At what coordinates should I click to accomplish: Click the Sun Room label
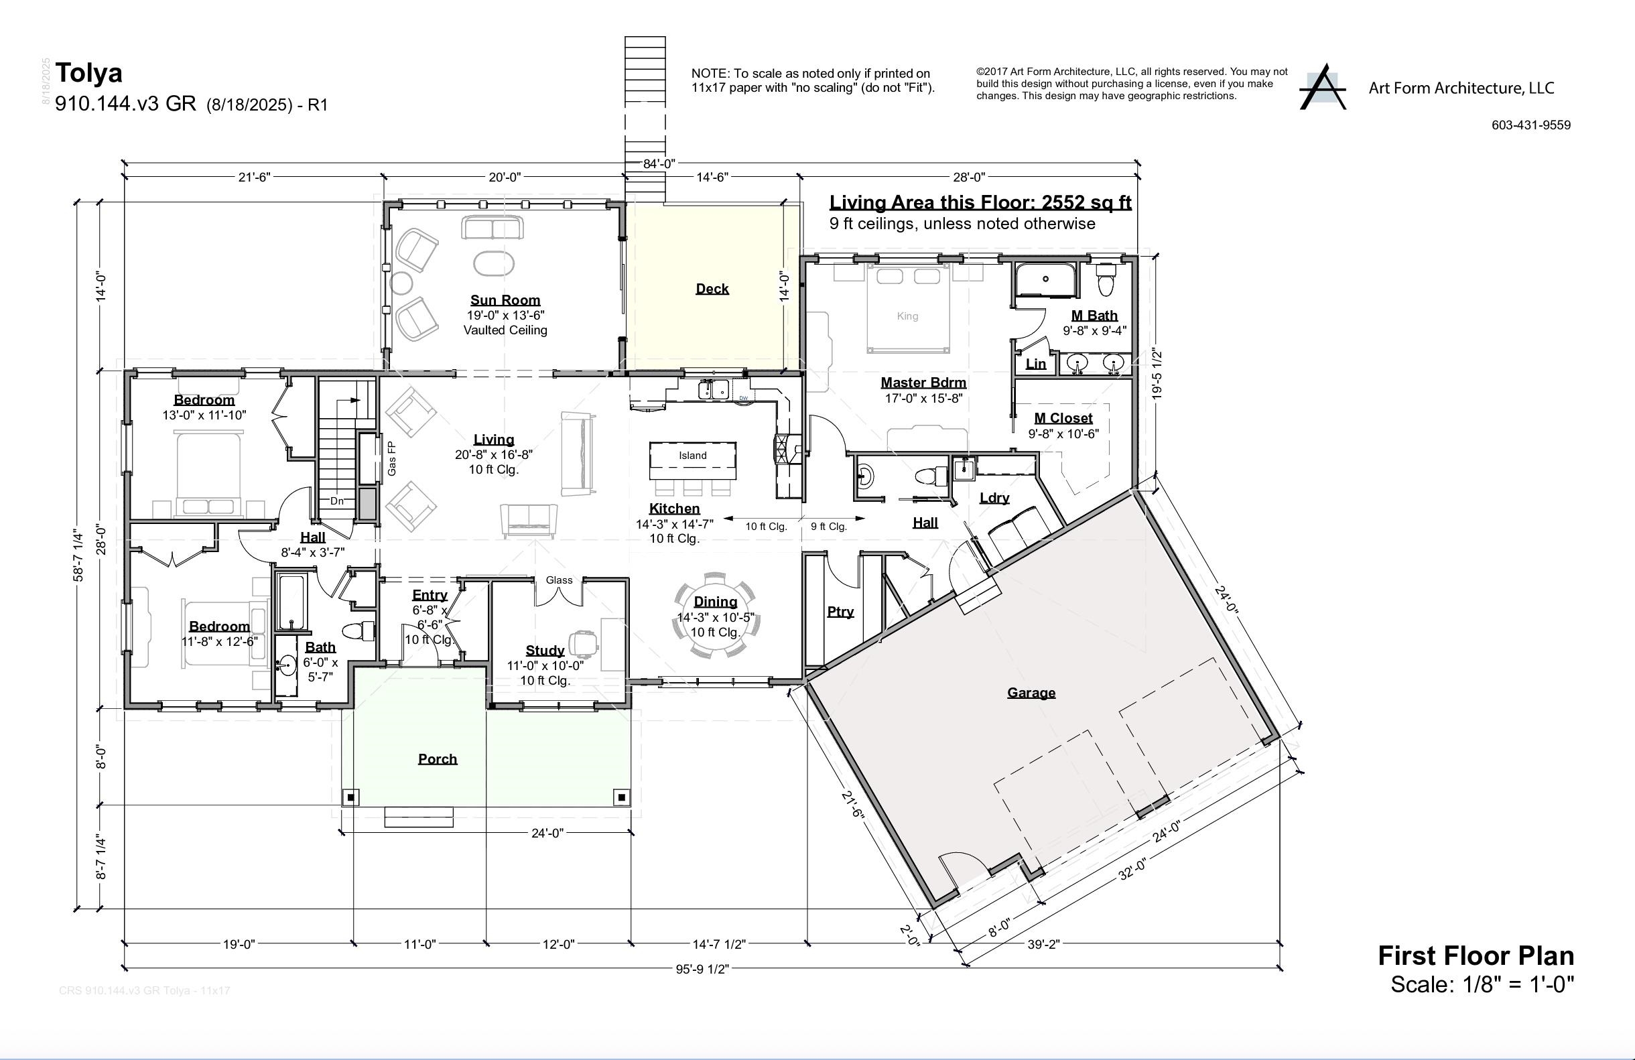point(505,300)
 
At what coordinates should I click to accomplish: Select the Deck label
point(712,289)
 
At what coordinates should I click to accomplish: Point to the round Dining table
point(715,616)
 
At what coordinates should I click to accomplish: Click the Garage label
point(1031,692)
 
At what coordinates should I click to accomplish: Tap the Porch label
point(438,758)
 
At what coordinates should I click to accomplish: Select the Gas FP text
point(391,458)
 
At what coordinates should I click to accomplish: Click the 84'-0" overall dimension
point(659,163)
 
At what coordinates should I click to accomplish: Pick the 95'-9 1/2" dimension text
point(702,970)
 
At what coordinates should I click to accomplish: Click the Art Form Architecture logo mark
point(1322,88)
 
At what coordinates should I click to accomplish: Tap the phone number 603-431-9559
point(1530,125)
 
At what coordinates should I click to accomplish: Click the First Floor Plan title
point(1476,955)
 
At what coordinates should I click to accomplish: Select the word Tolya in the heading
point(88,73)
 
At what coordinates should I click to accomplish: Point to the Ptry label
point(840,611)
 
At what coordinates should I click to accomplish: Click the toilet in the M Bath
point(1106,280)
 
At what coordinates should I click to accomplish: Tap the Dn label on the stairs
point(336,501)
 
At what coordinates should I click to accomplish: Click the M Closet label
point(1063,417)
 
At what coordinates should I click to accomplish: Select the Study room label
point(545,650)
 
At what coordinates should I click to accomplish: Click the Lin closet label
point(1035,364)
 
